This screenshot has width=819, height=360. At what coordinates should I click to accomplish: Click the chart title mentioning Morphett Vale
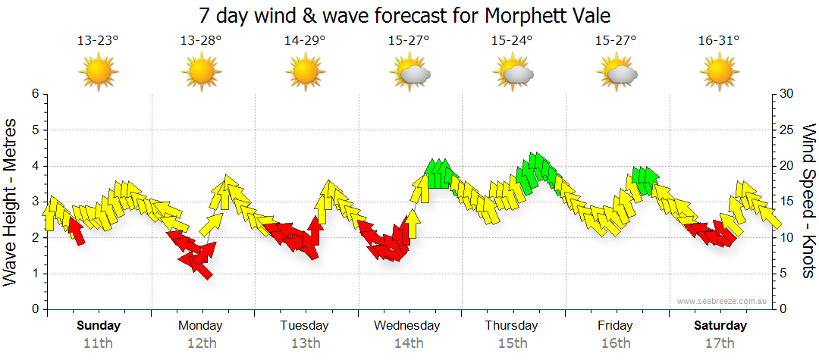[x=409, y=15]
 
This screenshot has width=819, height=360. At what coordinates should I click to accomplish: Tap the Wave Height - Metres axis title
[x=11, y=202]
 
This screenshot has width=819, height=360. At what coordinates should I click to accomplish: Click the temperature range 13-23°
[x=98, y=41]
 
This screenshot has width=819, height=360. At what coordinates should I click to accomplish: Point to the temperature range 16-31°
[x=719, y=41]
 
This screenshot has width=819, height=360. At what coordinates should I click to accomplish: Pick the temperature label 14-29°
[x=305, y=41]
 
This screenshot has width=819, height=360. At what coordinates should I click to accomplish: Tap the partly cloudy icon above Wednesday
[x=410, y=73]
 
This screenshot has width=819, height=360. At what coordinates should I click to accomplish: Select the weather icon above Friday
[x=617, y=73]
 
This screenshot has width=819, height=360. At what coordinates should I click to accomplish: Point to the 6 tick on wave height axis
[x=34, y=94]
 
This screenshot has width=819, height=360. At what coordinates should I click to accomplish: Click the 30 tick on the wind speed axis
[x=787, y=94]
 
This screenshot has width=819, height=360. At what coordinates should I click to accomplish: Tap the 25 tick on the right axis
[x=787, y=130]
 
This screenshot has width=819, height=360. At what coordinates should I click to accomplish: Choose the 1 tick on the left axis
[x=34, y=274]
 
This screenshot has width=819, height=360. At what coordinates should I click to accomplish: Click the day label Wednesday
[x=407, y=326]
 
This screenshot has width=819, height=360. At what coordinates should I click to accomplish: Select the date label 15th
[x=512, y=343]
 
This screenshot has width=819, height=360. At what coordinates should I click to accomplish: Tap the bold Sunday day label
[x=99, y=326]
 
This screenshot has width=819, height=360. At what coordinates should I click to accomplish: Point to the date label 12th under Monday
[x=201, y=343]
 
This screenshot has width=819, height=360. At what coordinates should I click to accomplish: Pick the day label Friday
[x=615, y=326]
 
